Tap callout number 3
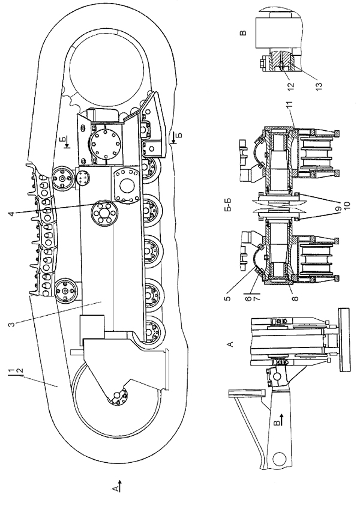pos(11,324)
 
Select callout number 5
pos(228,298)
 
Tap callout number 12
pos(290,85)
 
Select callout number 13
pos(319,85)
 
